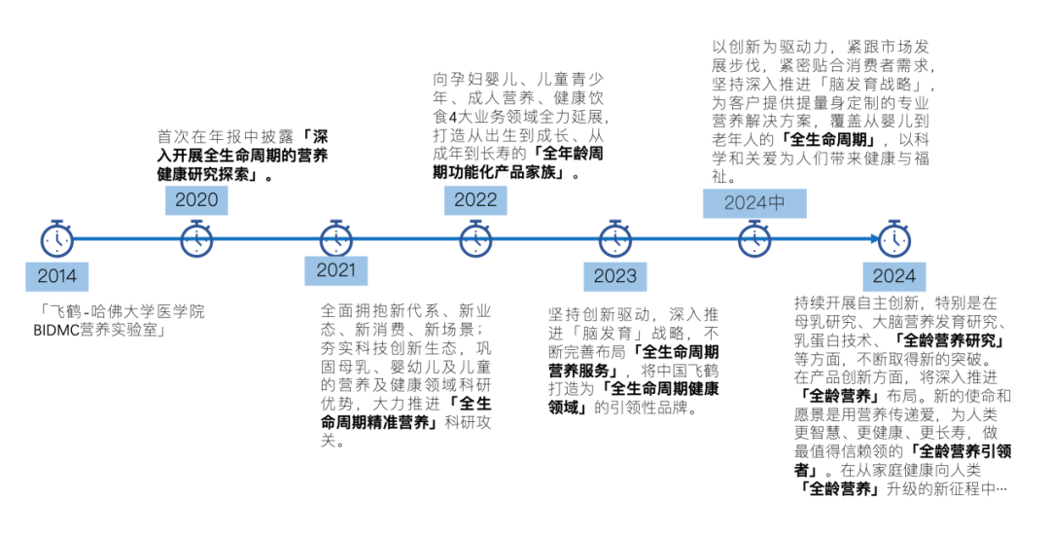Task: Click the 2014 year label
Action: [x=57, y=275]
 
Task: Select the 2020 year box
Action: [x=195, y=200]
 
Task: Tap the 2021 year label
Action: [x=335, y=269]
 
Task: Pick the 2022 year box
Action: [x=475, y=200]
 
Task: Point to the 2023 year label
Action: [x=614, y=275]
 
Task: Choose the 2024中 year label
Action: [x=754, y=203]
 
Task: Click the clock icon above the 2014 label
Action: [x=57, y=238]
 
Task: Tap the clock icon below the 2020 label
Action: [x=196, y=238]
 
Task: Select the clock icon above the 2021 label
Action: [x=336, y=238]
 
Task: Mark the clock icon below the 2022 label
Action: [x=475, y=238]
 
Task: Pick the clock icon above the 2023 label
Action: [x=614, y=238]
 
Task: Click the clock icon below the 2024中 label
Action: [x=754, y=238]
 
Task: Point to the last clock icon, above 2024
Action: [x=893, y=238]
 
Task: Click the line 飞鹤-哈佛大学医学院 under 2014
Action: [x=122, y=312]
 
